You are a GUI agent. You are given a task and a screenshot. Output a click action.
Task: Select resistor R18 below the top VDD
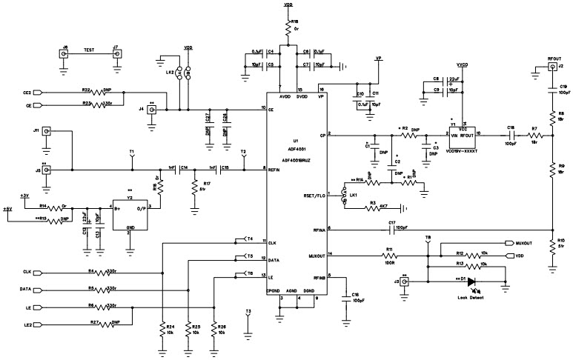click(x=287, y=29)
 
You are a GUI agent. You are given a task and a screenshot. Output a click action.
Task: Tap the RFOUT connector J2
click(x=551, y=67)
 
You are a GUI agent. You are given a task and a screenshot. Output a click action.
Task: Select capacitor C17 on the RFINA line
click(x=391, y=229)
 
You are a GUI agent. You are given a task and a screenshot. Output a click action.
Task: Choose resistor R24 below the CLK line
click(x=162, y=330)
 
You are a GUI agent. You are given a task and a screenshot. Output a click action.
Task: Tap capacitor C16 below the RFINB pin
click(x=345, y=299)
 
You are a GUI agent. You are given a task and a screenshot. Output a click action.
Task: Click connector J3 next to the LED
click(x=405, y=281)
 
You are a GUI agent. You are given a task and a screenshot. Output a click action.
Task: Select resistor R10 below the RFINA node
click(x=552, y=248)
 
